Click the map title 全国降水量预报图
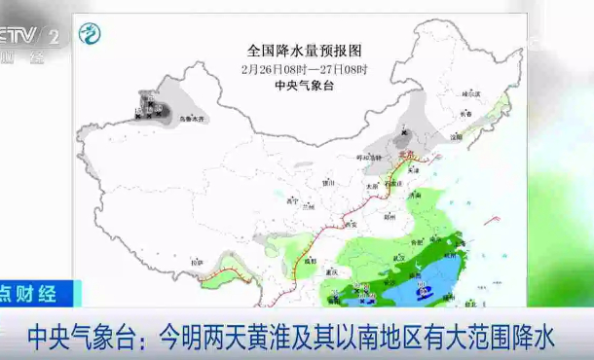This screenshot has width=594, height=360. (305, 49)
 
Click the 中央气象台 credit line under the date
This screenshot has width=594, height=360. (305, 85)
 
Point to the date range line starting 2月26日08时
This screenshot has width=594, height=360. (305, 68)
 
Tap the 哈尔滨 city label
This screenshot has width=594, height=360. (470, 94)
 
